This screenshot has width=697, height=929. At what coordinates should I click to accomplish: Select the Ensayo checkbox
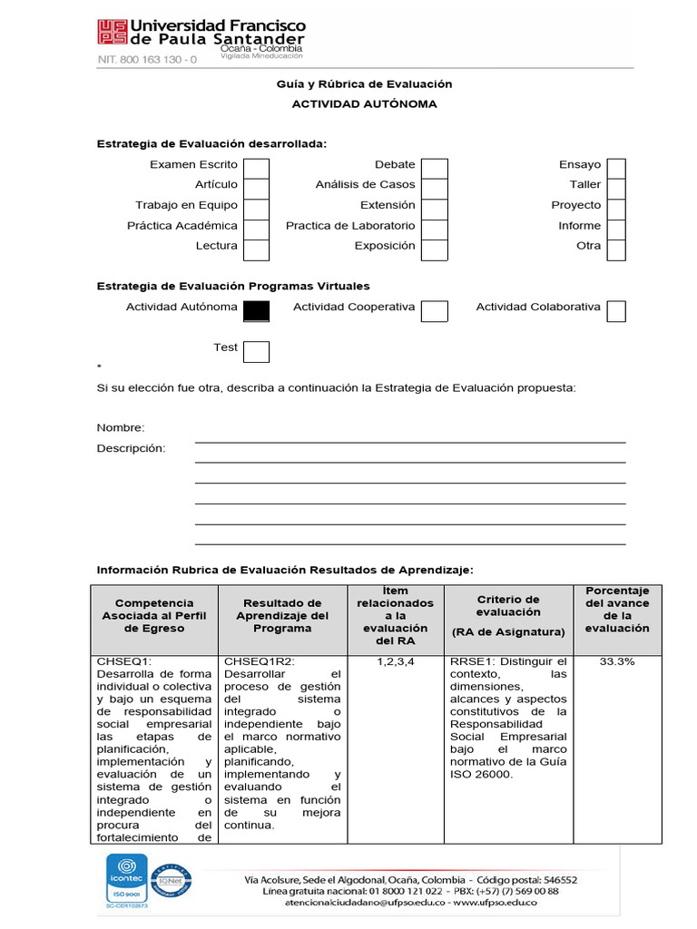pos(616,169)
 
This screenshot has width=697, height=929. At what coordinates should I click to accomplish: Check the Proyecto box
pos(616,209)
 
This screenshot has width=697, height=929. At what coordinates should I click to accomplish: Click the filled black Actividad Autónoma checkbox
pos(257,310)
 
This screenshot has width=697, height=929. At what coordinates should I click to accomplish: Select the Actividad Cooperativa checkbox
pos(435,311)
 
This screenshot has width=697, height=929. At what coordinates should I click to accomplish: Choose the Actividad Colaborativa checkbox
pos(616,311)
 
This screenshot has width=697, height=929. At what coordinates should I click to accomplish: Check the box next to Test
pos(257,352)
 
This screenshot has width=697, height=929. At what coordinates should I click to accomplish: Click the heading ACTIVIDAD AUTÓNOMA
pos(364,104)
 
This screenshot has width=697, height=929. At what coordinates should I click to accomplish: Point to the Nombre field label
pos(121,428)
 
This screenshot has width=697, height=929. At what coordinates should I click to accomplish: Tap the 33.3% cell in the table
pos(617,661)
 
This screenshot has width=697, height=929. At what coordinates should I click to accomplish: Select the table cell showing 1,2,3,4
pos(395,661)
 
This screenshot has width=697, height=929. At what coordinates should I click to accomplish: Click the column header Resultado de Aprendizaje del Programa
pos(282,615)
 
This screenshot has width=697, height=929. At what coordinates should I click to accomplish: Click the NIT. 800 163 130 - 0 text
pos(147,60)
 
